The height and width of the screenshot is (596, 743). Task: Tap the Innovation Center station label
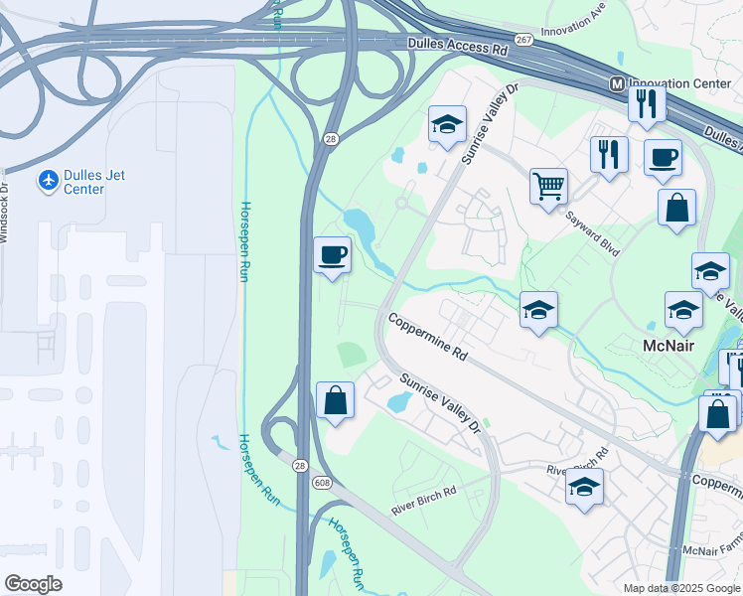tap(681, 84)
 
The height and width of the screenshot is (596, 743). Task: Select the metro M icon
tap(617, 84)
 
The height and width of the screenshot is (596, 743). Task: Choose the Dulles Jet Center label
tap(96, 182)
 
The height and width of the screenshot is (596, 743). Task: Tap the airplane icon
tap(48, 181)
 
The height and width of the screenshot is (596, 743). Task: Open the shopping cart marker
tap(548, 186)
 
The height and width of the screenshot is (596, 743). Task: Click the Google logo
tap(33, 584)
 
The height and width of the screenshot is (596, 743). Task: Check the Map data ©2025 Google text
tap(680, 588)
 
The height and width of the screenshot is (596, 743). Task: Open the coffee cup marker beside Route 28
tap(332, 255)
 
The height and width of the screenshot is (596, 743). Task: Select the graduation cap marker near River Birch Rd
tap(584, 487)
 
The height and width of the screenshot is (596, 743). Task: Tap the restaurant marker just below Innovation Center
tap(647, 103)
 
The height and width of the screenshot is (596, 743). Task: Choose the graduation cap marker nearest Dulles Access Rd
tap(447, 125)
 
